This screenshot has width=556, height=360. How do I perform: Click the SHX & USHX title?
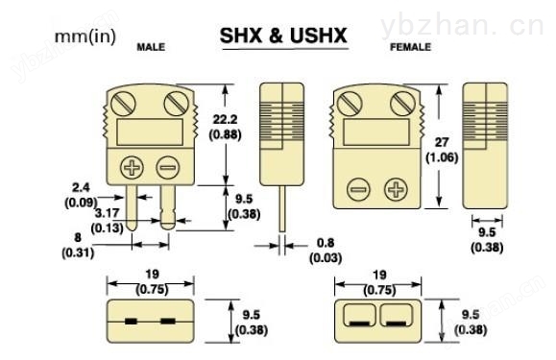(x=283, y=36)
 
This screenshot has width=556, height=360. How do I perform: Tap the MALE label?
(x=151, y=47)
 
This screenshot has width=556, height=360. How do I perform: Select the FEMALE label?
(x=410, y=47)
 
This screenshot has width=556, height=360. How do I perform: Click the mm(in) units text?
(x=85, y=36)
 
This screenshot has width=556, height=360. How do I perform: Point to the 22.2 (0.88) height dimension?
(x=225, y=127)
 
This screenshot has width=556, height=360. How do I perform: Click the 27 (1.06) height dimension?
(x=442, y=150)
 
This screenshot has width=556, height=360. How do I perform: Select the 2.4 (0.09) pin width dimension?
(x=81, y=195)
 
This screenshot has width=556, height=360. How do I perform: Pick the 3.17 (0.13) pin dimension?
(x=108, y=221)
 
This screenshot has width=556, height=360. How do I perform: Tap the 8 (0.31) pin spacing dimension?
(x=78, y=245)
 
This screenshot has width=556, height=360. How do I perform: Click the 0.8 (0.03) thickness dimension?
(x=326, y=251)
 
